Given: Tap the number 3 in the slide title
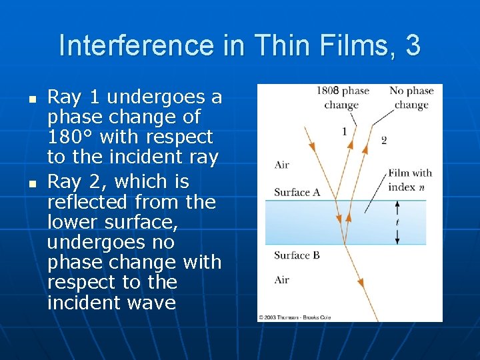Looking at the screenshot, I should (412, 46).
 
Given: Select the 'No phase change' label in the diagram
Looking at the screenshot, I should (411, 97).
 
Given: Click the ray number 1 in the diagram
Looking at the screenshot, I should (344, 131).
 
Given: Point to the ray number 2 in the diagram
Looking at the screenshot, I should (383, 140).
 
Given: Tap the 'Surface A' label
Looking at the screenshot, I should (297, 193).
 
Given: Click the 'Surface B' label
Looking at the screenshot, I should (297, 255).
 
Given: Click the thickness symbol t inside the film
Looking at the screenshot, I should (397, 222).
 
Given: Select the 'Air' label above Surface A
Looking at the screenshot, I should (282, 165).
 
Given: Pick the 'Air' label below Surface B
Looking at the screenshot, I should (282, 280).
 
